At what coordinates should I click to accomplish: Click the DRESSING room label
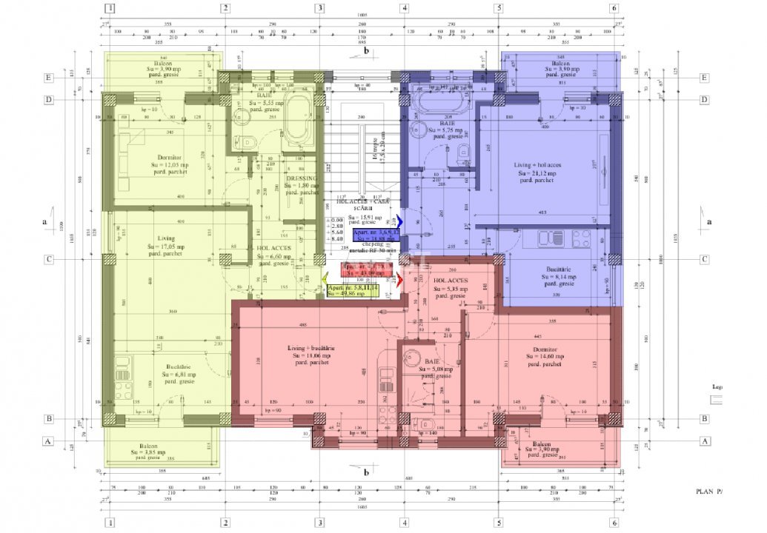point(302,178)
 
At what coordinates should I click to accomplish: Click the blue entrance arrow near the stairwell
point(400,221)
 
